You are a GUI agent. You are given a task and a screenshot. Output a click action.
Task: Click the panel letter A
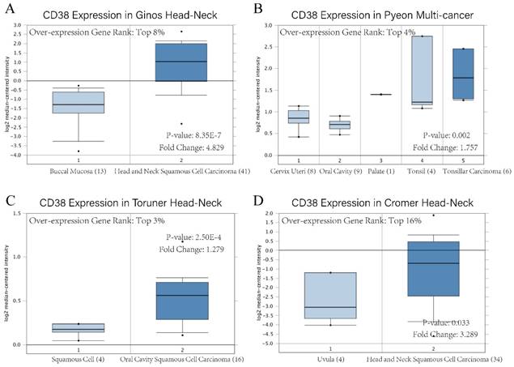pos(11,9)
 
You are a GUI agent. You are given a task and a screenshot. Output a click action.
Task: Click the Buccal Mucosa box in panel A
pos(78,102)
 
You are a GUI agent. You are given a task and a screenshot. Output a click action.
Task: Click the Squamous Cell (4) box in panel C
pos(78,327)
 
